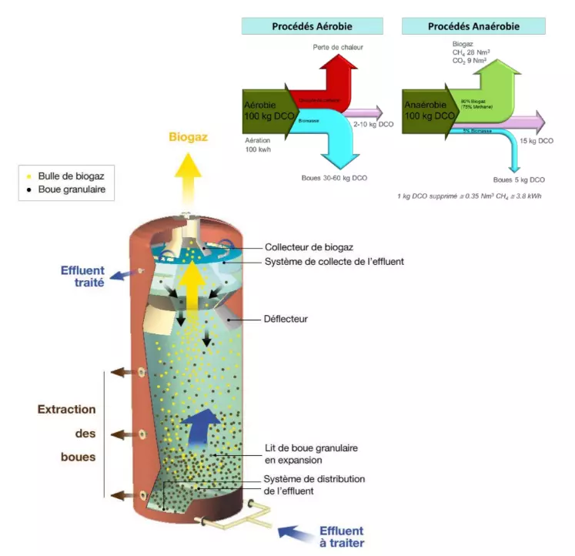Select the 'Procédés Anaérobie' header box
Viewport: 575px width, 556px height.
[473, 26]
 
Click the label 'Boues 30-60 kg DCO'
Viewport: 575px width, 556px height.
[334, 178]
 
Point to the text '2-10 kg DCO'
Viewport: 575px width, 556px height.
[373, 124]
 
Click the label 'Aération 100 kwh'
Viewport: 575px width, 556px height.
[259, 147]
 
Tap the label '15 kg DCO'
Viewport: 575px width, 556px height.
[536, 141]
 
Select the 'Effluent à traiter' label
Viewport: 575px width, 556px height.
[342, 537]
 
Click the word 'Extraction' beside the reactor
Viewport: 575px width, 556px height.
[67, 410]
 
